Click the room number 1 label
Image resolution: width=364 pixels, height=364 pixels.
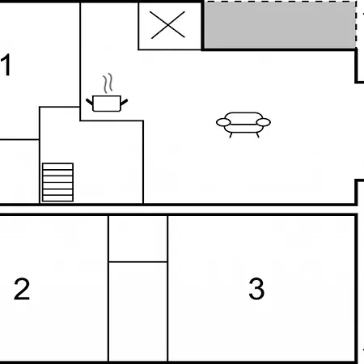(x=6, y=65)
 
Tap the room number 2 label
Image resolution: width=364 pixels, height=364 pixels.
(x=22, y=289)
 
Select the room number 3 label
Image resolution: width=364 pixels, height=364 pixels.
(x=256, y=289)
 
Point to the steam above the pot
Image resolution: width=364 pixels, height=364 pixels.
(x=108, y=83)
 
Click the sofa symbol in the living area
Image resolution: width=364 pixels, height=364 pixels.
(x=243, y=125)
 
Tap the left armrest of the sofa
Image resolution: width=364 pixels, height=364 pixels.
(x=223, y=122)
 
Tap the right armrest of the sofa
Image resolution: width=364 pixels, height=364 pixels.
(x=264, y=122)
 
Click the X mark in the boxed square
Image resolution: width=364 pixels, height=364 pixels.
(x=167, y=25)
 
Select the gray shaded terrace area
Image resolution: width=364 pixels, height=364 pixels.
(x=280, y=25)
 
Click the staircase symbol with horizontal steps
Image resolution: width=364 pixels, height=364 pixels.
(x=57, y=182)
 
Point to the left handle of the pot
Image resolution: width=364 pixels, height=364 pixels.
(x=90, y=102)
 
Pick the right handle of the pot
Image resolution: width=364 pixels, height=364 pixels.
(x=124, y=102)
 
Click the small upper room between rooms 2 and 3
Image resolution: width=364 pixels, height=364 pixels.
(x=138, y=239)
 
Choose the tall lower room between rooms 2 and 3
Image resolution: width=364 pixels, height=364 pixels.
(x=138, y=311)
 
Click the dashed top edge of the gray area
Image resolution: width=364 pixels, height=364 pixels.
(x=280, y=2)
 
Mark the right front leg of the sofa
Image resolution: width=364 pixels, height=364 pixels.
(x=257, y=135)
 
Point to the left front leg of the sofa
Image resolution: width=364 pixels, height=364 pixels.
(x=231, y=135)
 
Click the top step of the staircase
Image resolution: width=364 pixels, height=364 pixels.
(x=57, y=167)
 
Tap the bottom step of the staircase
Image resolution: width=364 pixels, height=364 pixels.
(x=57, y=198)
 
